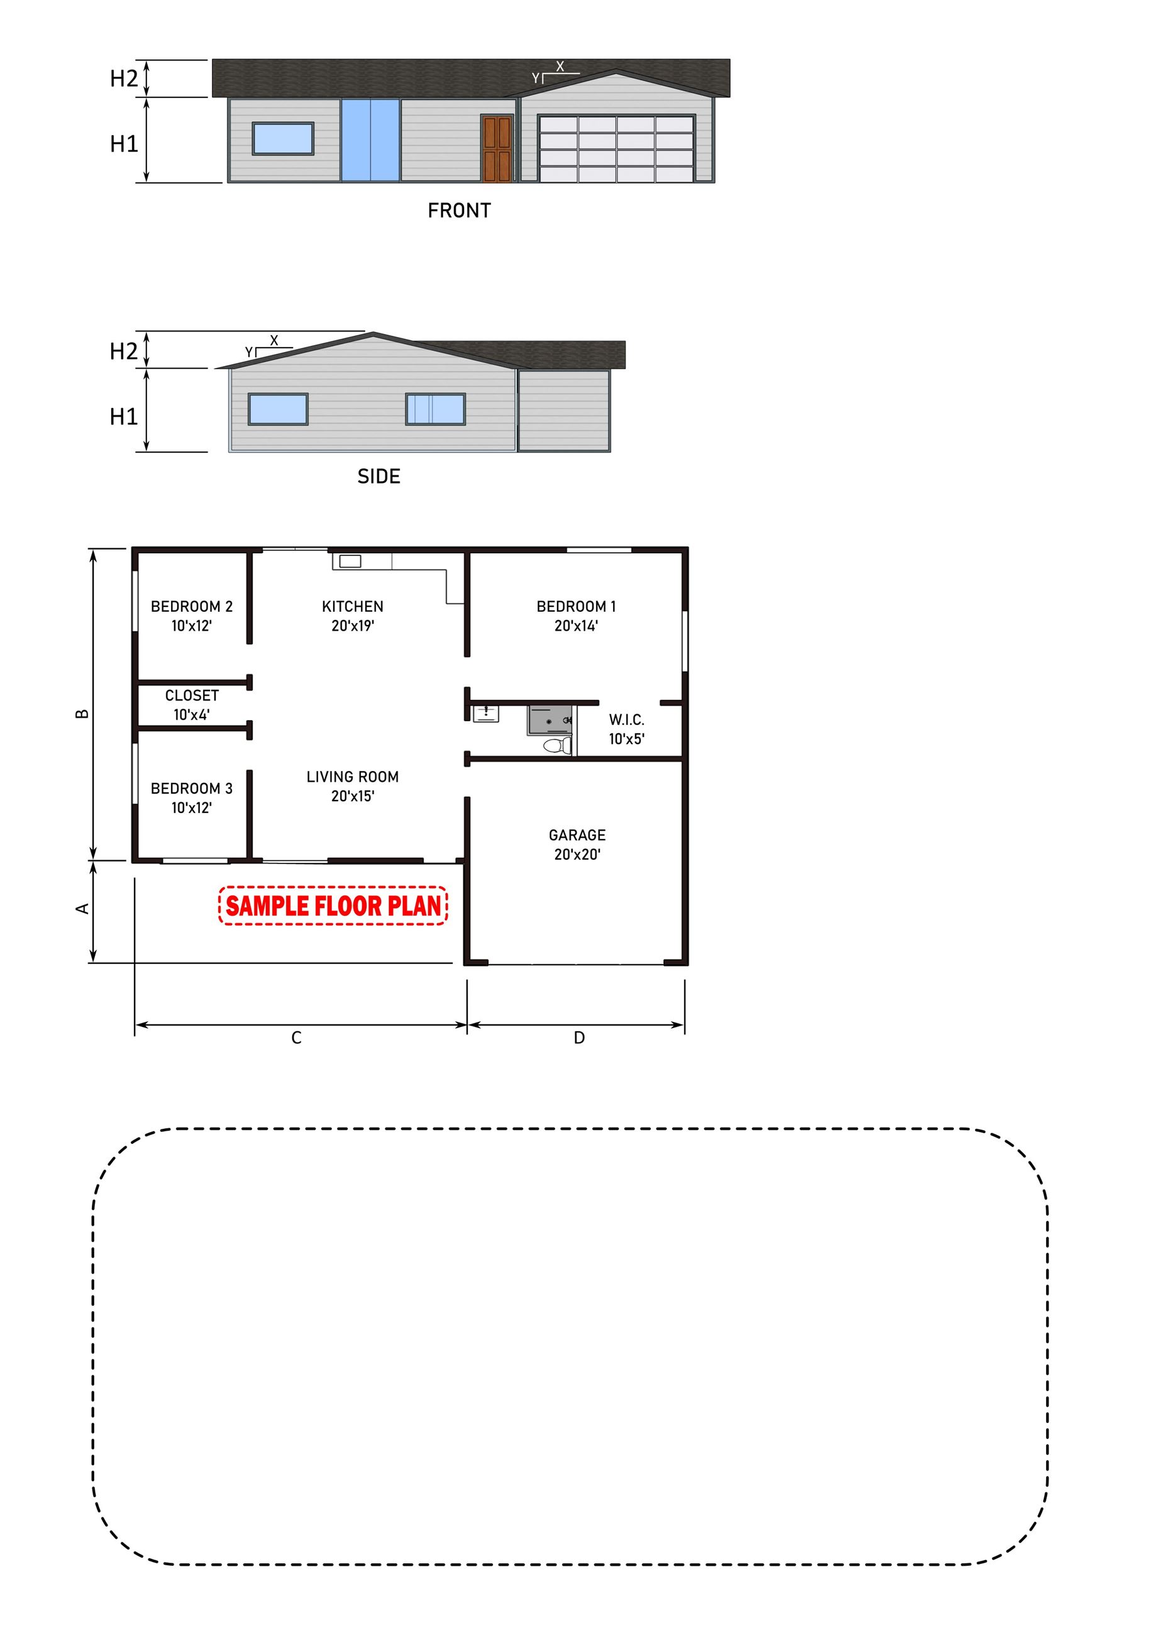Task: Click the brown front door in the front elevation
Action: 497,149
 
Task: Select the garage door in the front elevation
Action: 617,149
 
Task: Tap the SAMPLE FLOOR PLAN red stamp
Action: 333,906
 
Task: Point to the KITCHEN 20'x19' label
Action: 353,616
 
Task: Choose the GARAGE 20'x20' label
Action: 577,845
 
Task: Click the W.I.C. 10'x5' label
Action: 627,729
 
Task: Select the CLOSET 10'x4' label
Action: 192,705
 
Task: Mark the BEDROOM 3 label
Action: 192,797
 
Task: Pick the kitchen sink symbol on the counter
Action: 350,562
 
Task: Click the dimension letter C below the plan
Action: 296,1038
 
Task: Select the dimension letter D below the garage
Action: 579,1038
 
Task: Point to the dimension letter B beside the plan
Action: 82,714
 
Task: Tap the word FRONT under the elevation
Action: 459,211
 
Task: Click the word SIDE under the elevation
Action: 379,477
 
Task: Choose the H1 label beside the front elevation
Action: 124,144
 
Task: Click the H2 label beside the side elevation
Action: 124,351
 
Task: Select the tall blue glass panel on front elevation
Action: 370,140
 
